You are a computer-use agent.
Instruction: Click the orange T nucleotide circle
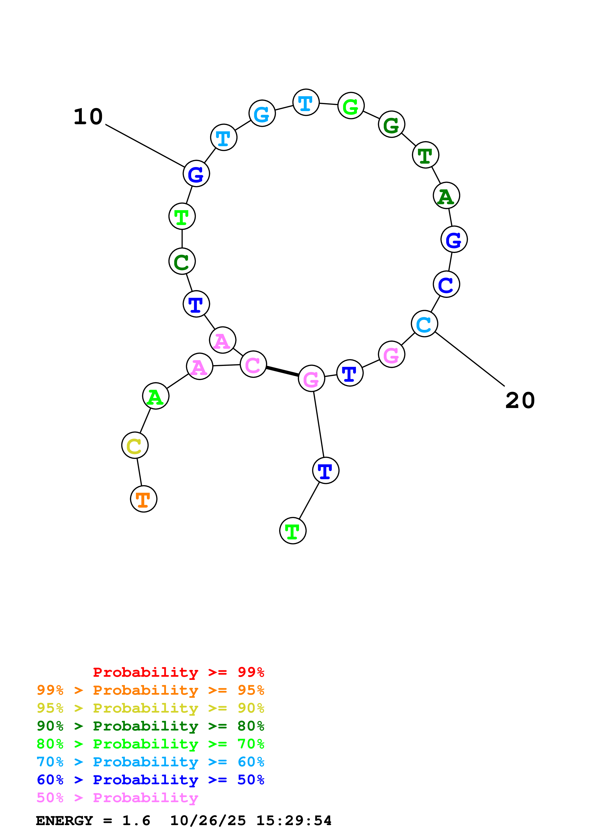(144, 499)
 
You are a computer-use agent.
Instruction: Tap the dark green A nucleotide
(446, 196)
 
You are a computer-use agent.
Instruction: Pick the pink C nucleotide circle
(253, 364)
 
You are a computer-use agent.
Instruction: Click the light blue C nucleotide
(424, 324)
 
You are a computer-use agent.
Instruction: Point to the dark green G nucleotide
(391, 124)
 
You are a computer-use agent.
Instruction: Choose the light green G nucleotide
(351, 106)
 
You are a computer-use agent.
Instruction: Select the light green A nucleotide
(156, 396)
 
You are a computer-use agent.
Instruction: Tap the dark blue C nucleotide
(446, 284)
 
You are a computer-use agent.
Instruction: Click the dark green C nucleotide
(182, 261)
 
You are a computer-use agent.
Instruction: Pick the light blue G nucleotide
(262, 113)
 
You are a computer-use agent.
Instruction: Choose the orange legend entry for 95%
(150, 690)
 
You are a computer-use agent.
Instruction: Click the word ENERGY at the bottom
(64, 821)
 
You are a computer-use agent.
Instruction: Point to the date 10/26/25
(208, 821)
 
